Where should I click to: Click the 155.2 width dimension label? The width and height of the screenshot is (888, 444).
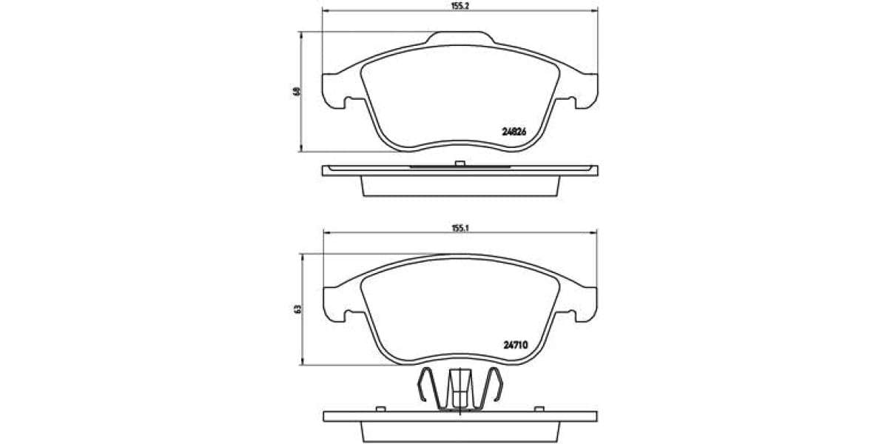click(460, 4)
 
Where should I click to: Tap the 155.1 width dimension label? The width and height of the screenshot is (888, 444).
click(460, 228)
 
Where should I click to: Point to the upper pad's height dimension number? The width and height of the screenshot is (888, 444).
click(297, 91)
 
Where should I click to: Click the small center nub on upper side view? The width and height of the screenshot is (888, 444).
click(460, 163)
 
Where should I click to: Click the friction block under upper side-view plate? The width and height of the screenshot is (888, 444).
click(460, 186)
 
